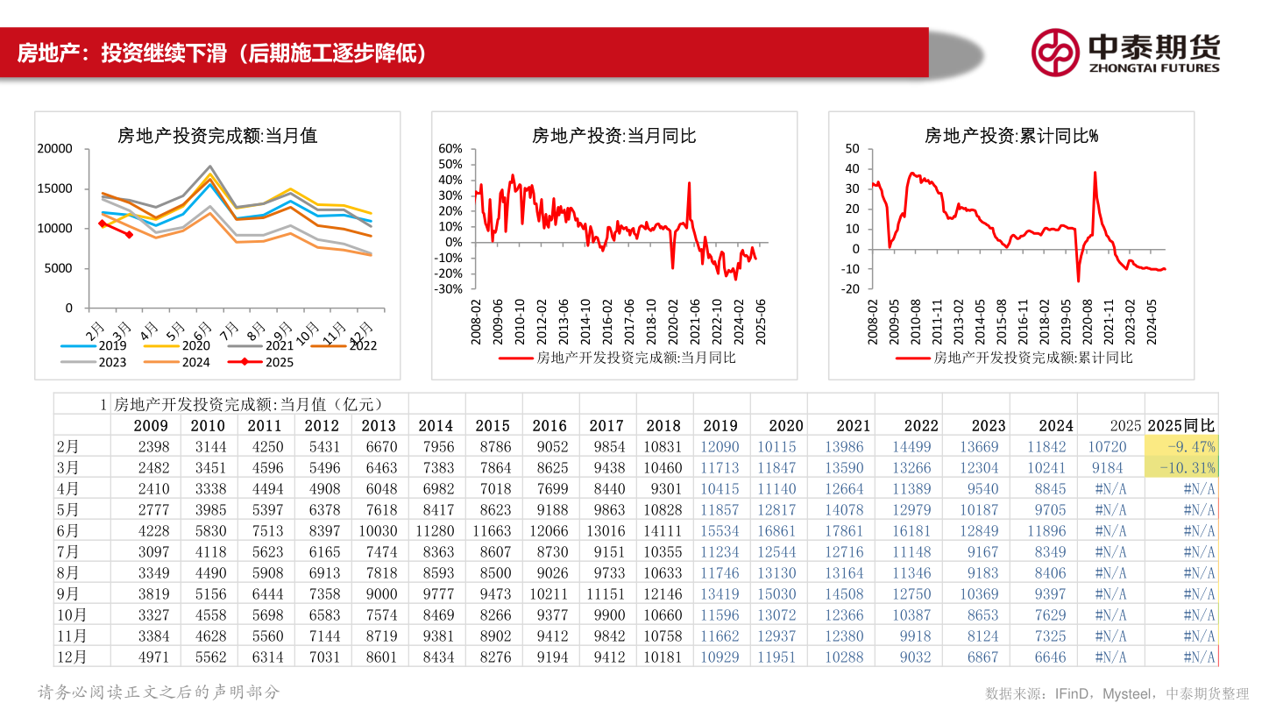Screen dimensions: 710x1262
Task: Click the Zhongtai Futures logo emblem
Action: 1054,53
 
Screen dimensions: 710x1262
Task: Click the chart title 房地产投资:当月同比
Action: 613,136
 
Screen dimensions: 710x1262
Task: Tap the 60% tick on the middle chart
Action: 450,149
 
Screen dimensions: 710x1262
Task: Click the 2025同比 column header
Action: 1181,425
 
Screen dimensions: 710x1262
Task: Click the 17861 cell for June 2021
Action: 849,531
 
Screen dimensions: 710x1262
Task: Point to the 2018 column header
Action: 663,425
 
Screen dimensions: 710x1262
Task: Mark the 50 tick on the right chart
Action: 852,149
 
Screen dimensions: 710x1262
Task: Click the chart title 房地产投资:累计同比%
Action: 1011,136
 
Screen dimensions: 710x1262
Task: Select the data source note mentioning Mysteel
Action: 1117,693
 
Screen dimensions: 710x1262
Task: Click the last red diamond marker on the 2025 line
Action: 129,234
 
